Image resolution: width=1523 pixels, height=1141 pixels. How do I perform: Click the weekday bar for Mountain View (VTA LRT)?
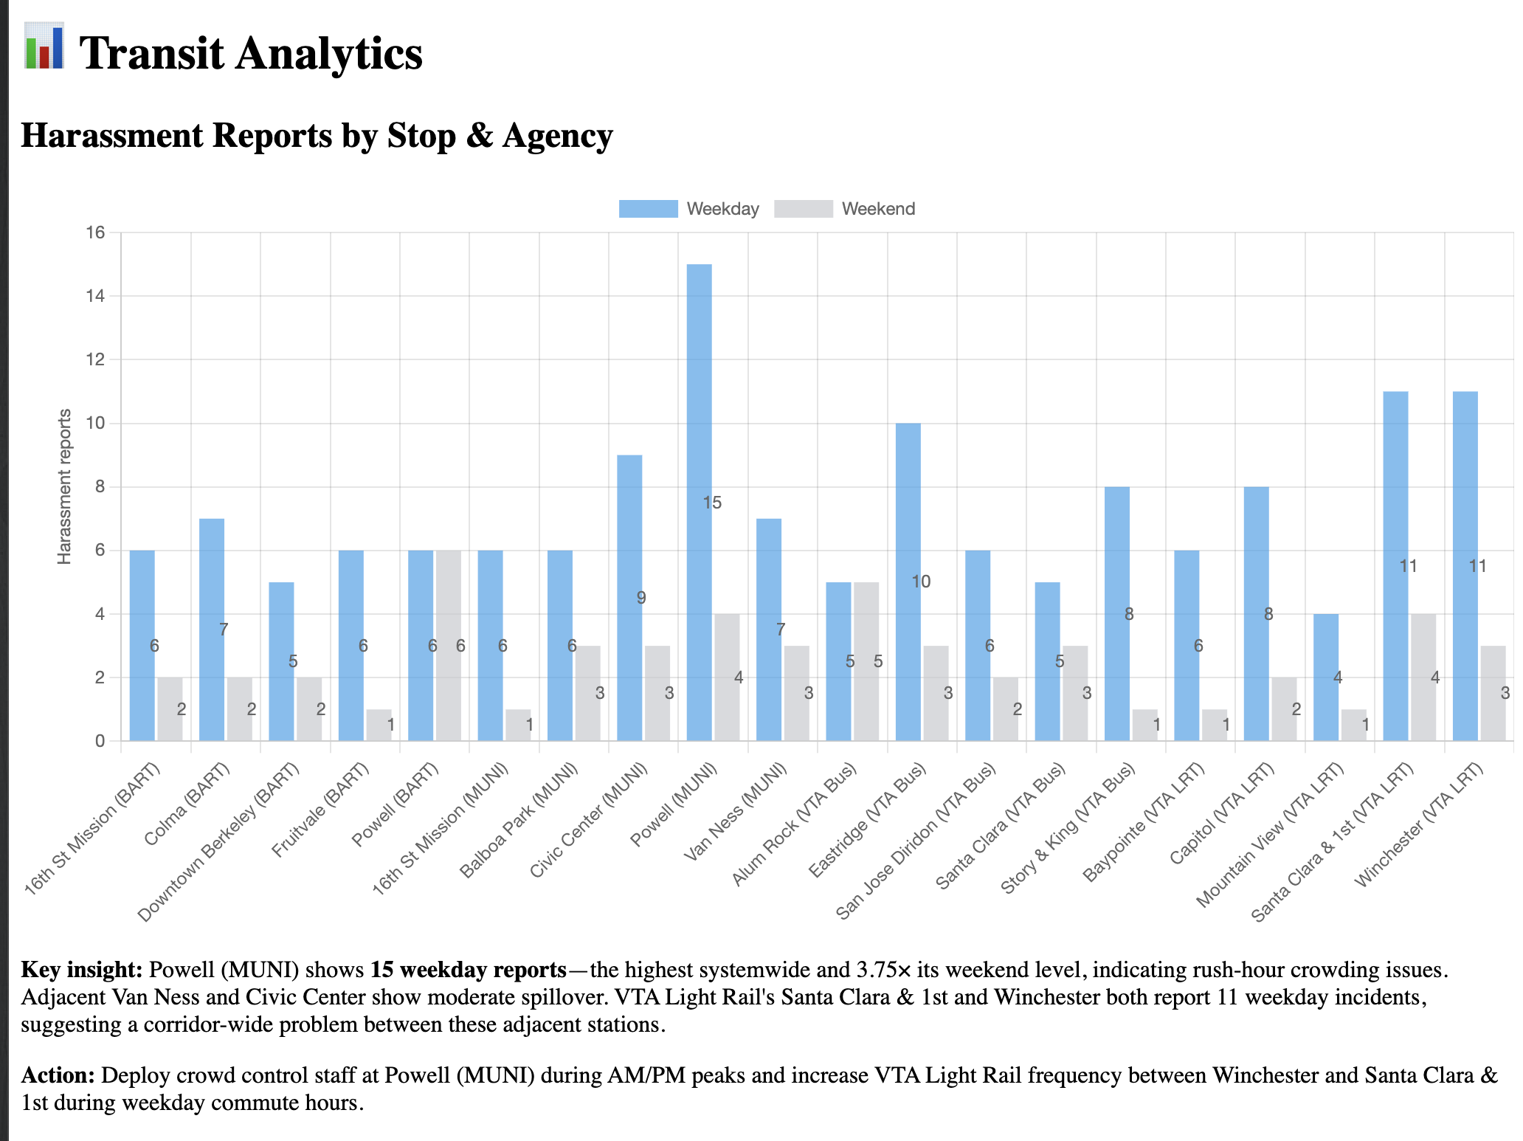coord(1325,678)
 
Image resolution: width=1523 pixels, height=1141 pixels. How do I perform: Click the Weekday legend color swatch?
coord(648,209)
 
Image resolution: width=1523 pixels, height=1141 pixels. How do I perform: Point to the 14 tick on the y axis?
coord(95,296)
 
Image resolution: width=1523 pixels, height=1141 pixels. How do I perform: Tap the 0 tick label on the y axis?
coord(100,741)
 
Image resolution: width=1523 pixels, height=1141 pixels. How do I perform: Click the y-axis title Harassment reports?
coord(65,486)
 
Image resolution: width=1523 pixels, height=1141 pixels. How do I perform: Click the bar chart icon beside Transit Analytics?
coord(44,46)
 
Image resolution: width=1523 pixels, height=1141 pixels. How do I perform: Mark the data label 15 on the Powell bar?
coord(711,503)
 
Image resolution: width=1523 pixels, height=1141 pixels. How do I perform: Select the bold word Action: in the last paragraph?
coord(58,1075)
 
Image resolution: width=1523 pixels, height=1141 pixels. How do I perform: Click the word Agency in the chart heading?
coord(557,136)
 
